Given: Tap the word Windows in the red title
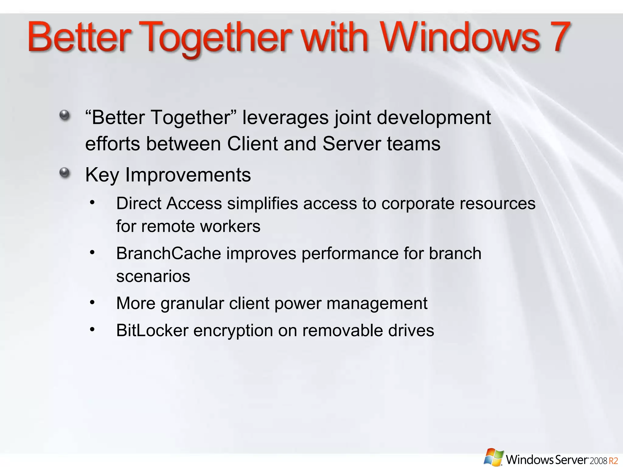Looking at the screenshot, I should coord(460,37).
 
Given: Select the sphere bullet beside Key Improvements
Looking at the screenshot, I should coord(64,173).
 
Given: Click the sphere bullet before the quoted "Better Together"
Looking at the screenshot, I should coord(64,115).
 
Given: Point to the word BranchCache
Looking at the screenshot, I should coord(169,253).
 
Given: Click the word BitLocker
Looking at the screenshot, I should coord(152,330).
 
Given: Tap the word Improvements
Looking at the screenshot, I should coord(188,175).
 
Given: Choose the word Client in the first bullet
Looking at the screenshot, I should coord(252,144).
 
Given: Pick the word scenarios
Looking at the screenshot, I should coord(153,276).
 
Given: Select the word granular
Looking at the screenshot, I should coord(192,303).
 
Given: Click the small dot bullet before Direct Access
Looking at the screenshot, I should coord(92,202).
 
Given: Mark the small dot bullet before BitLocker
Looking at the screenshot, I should coord(92,329).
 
